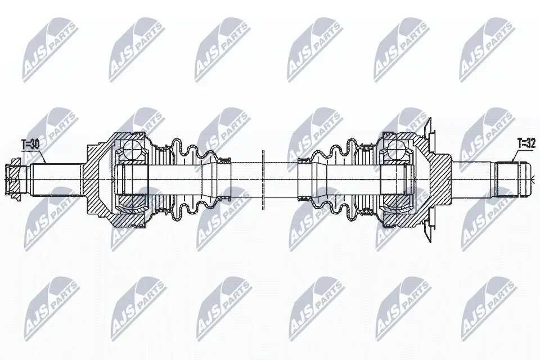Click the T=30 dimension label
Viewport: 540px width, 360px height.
[30, 145]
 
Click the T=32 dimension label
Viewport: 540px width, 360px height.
[526, 144]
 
